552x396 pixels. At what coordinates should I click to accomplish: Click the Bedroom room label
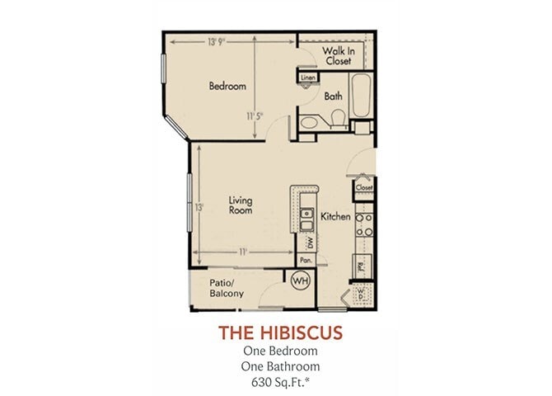(227, 86)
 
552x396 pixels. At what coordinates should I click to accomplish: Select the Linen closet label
(308, 78)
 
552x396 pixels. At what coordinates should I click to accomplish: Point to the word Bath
(334, 97)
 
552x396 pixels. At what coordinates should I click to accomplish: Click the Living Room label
(241, 205)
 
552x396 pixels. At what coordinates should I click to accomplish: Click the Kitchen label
(336, 216)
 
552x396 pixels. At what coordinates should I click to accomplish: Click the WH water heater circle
(299, 281)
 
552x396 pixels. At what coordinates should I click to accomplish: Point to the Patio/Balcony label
(226, 288)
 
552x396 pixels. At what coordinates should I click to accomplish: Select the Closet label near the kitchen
(364, 187)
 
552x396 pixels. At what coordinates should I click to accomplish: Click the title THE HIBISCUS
(280, 332)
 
